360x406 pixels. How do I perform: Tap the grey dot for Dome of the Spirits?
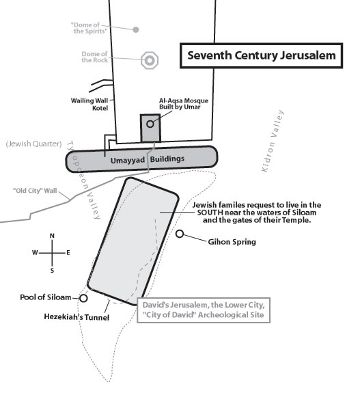[136, 30]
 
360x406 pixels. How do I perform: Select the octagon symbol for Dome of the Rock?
[150, 60]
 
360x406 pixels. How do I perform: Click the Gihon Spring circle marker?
[180, 234]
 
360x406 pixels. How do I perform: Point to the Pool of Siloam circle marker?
[83, 298]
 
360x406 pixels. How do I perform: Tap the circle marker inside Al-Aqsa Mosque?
[150, 124]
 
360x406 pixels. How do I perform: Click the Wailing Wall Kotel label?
[89, 104]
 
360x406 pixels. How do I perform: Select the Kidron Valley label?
[273, 141]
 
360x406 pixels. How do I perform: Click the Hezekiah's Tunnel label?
[77, 317]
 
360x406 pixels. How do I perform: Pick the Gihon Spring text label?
[232, 242]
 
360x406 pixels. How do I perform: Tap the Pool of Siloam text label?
[46, 297]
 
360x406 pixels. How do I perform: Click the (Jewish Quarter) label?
[33, 144]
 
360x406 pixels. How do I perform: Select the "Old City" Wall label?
[35, 191]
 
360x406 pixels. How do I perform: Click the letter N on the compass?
[52, 236]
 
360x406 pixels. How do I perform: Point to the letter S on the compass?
[53, 271]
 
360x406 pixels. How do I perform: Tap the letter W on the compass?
[35, 252]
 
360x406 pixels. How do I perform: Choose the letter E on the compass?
[68, 253]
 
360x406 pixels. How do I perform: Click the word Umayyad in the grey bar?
[128, 161]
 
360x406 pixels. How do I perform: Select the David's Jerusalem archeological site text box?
[204, 310]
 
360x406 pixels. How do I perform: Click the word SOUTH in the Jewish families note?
[210, 213]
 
